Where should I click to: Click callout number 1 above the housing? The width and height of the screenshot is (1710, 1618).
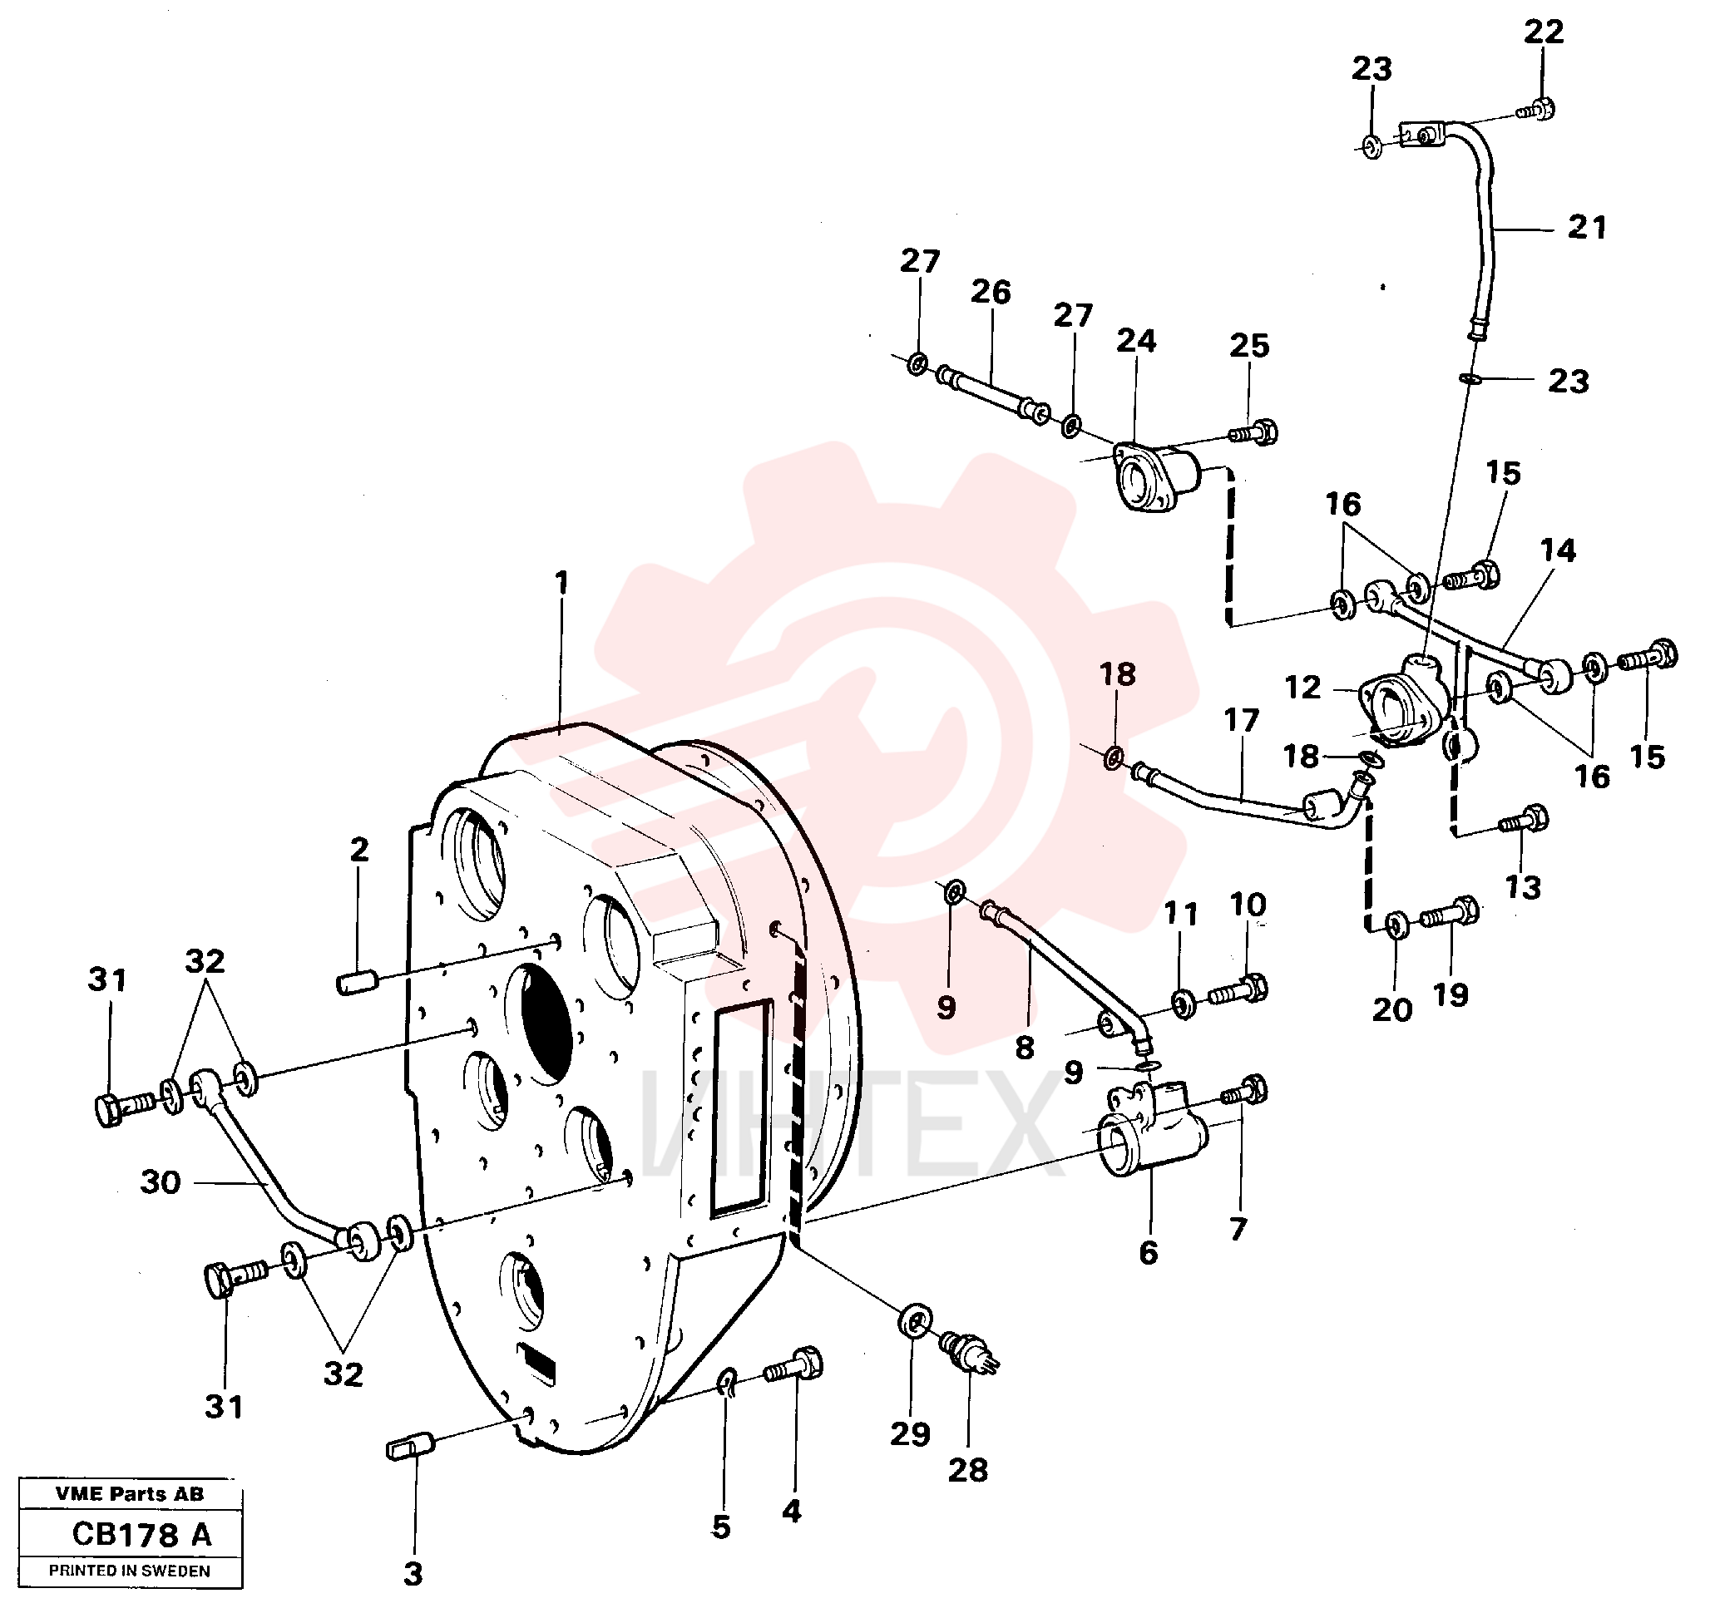[561, 583]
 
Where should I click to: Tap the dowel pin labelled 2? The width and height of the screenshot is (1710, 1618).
[355, 984]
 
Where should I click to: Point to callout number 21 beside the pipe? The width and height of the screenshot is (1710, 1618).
[1587, 228]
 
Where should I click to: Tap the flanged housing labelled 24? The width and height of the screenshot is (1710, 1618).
[1154, 476]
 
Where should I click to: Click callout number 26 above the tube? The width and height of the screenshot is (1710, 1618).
[991, 292]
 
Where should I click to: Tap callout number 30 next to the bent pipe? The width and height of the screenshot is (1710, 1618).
[161, 1181]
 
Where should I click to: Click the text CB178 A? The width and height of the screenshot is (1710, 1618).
[141, 1535]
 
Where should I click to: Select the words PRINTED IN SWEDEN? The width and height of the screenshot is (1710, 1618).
[130, 1571]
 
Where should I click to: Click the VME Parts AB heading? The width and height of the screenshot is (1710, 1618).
[130, 1494]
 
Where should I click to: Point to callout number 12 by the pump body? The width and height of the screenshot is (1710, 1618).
[1302, 688]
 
